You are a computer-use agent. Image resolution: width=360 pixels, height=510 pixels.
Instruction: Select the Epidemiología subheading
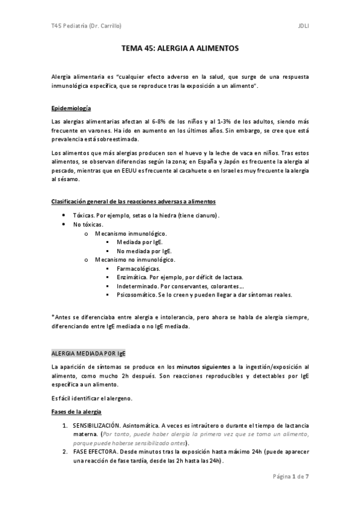pos(72,108)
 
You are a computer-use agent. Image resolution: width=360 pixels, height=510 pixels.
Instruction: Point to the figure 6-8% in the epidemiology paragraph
pos(160,122)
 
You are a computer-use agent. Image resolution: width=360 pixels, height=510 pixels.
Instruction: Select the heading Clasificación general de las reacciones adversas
pos(134,201)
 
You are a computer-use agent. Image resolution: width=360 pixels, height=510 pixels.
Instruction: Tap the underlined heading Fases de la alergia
pos(77,411)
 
